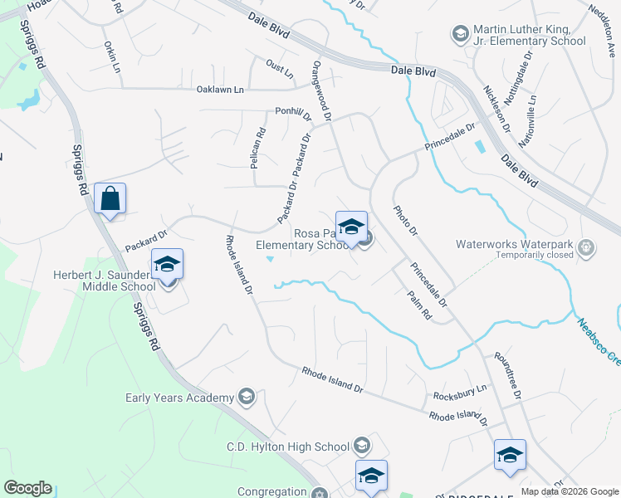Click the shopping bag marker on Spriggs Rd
click(110, 199)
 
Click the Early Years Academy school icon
click(246, 398)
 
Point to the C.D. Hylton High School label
click(287, 447)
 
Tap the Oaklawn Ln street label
click(220, 90)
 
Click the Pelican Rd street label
click(258, 147)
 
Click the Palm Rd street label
click(420, 305)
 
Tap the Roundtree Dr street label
click(506, 378)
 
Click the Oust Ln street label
click(280, 67)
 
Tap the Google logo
click(27, 488)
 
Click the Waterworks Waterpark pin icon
click(586, 247)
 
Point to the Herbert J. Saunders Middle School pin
click(168, 266)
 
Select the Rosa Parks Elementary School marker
click(352, 228)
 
